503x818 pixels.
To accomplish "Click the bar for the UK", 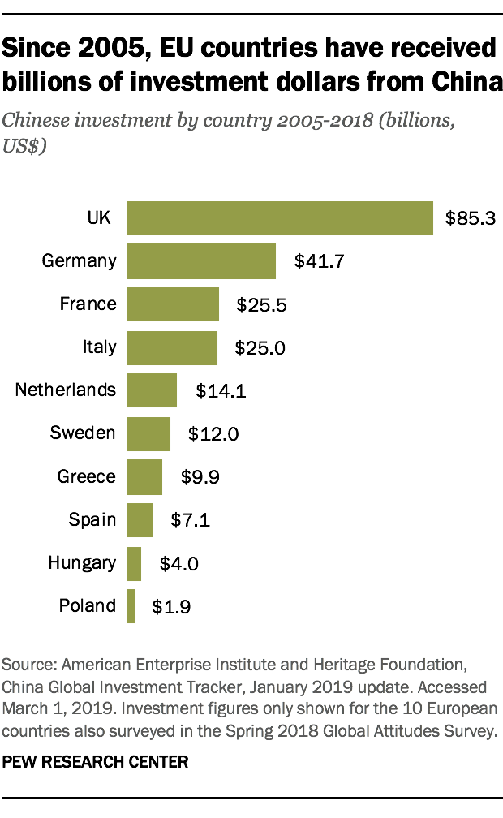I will click(x=279, y=217).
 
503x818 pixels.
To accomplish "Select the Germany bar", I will click(x=201, y=260).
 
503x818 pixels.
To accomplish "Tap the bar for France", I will click(x=173, y=304).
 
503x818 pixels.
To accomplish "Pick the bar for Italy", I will click(x=172, y=347).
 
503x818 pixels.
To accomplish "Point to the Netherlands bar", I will click(x=152, y=390).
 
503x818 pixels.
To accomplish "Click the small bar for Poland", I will click(x=131, y=605).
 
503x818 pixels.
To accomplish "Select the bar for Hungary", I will click(x=134, y=562).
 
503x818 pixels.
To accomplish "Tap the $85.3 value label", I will click(x=470, y=218).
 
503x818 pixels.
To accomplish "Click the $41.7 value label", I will click(x=313, y=261).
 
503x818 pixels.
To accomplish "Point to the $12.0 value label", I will click(x=213, y=434).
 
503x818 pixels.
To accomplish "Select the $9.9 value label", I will click(x=198, y=477).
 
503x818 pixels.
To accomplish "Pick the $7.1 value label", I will click(x=190, y=520).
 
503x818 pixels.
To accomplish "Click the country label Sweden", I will click(x=83, y=433).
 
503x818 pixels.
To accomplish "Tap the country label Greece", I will click(x=86, y=476).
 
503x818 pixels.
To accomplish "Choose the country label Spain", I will click(x=93, y=519).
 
